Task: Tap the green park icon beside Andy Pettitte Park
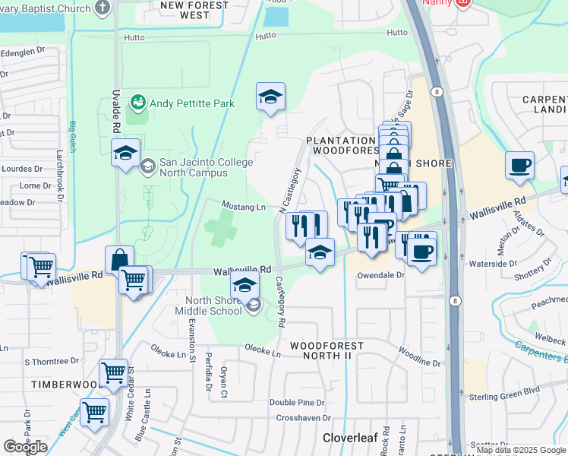click(138, 101)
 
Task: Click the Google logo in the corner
click(25, 447)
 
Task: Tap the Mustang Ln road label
click(243, 206)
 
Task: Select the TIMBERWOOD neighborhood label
click(65, 385)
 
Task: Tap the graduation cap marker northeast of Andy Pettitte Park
click(270, 97)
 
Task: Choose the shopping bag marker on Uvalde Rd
click(120, 259)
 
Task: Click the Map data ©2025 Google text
click(521, 450)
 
